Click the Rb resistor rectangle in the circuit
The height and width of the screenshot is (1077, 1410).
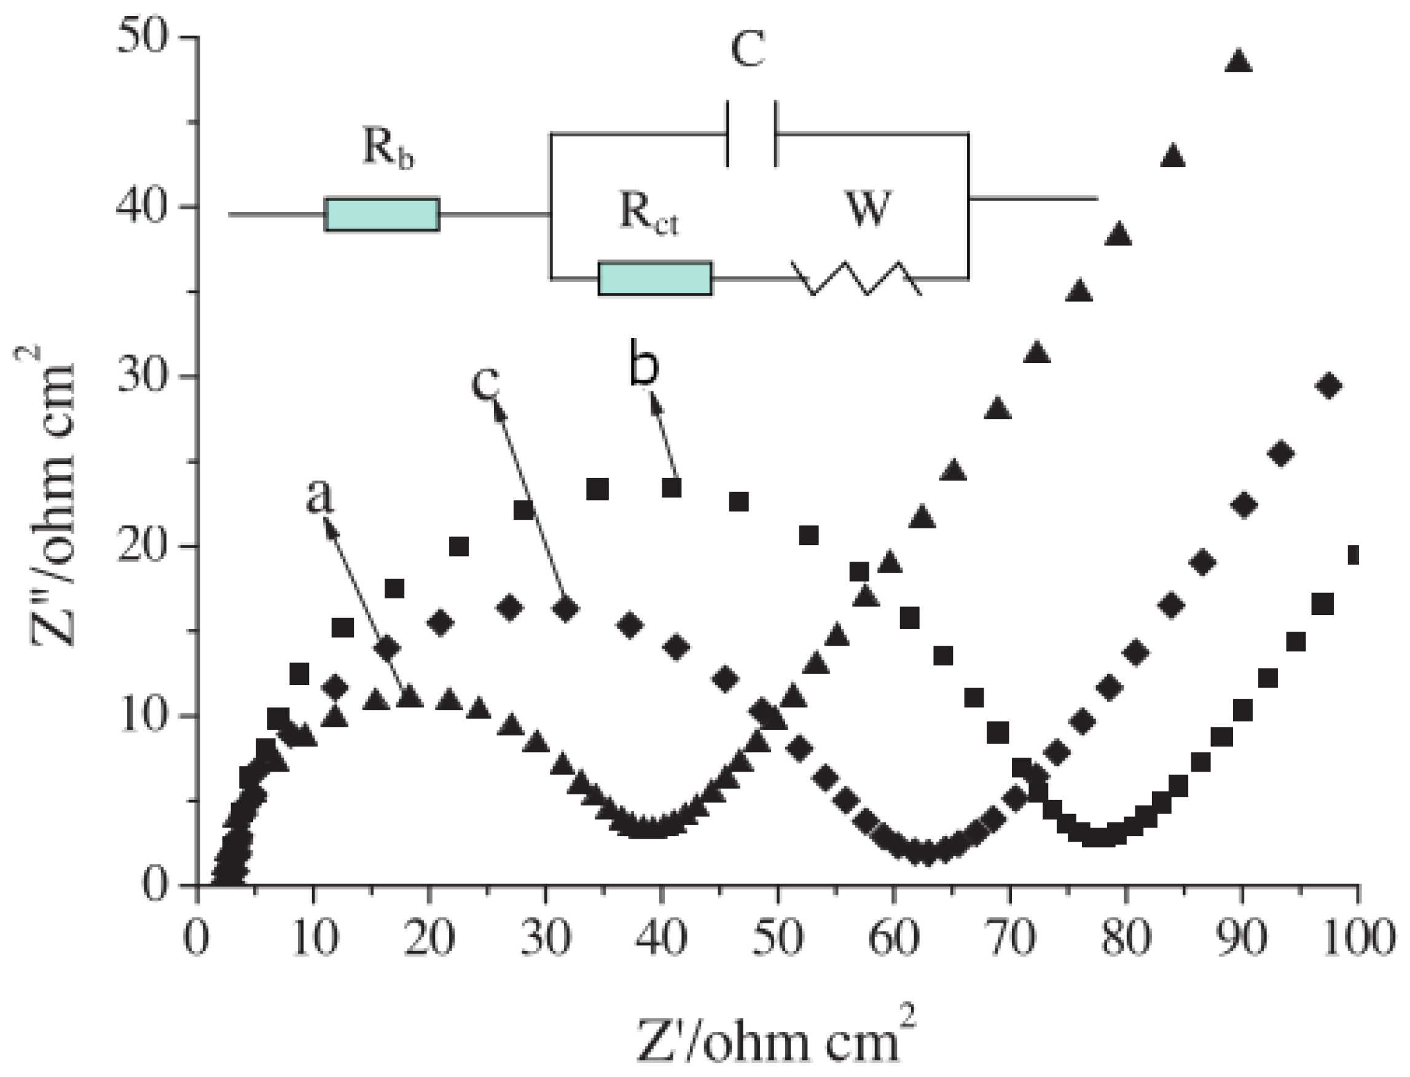click(x=382, y=214)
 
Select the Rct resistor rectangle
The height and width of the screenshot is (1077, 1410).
click(x=655, y=278)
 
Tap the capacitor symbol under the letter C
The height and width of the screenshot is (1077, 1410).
click(x=751, y=133)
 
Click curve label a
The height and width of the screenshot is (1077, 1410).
click(x=320, y=497)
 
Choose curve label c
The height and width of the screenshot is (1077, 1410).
click(x=485, y=383)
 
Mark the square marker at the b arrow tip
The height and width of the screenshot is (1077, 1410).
click(x=671, y=488)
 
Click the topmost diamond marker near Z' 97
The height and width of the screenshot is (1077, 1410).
click(x=1329, y=386)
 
